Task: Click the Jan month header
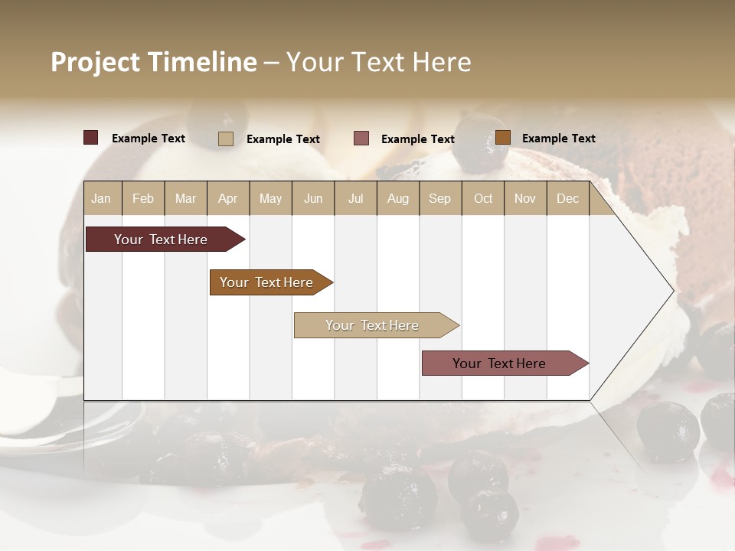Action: point(101,199)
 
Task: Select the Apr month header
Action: point(228,199)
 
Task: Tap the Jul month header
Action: point(355,199)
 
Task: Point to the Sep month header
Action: point(439,199)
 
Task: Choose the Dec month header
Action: point(567,199)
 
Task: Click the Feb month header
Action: point(143,199)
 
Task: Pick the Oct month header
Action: point(483,199)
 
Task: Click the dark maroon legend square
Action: point(91,138)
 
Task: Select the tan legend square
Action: point(226,139)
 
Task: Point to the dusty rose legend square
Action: point(361,139)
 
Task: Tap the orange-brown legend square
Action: point(502,138)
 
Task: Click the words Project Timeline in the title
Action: point(154,62)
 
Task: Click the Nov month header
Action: point(525,199)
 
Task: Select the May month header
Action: point(270,199)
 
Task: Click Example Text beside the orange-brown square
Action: point(558,139)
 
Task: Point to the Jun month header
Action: point(313,199)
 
